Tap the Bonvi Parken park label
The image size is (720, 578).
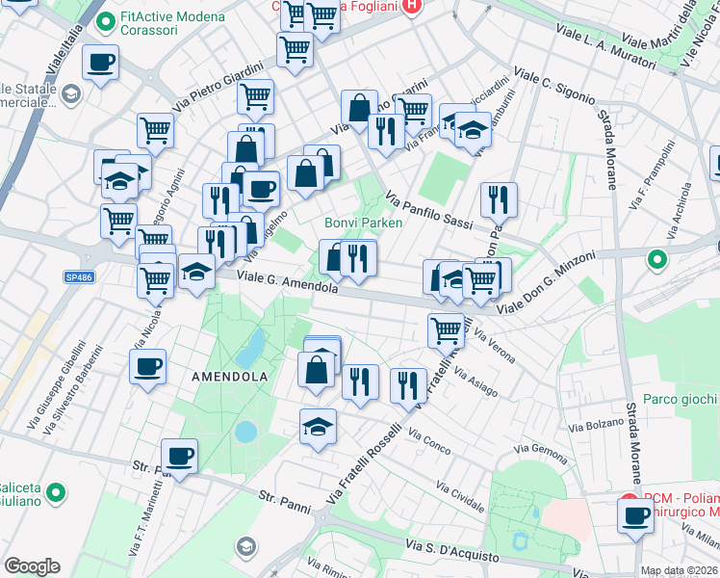[361, 223]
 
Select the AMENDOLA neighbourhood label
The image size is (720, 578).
[229, 376]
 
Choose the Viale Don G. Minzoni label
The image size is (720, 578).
[546, 281]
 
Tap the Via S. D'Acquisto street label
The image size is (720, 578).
[452, 552]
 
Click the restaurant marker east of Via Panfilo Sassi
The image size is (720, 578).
[499, 199]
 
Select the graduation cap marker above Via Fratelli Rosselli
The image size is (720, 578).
[318, 425]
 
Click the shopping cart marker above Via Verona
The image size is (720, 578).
[446, 329]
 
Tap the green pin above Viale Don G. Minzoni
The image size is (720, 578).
[657, 259]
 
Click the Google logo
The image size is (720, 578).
[33, 566]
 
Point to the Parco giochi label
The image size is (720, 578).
[680, 399]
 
